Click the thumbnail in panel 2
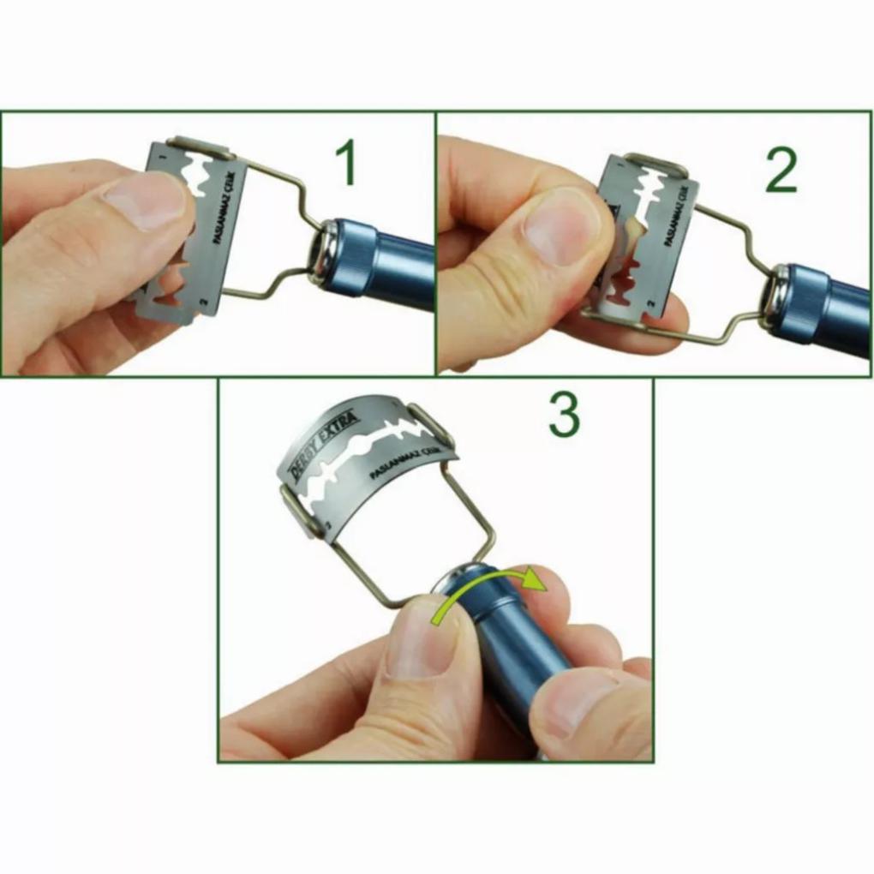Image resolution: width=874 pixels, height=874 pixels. point(566,224)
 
